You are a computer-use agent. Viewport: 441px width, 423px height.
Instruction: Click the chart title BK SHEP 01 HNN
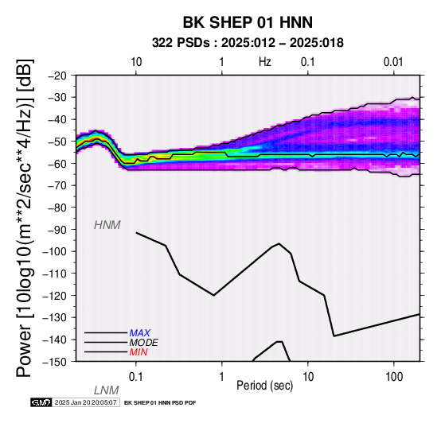point(248,22)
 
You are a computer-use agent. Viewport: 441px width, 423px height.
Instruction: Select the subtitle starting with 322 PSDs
point(248,43)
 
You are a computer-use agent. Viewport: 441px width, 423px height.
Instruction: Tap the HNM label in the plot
point(107,225)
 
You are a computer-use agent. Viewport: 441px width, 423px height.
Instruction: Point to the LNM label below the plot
point(107,390)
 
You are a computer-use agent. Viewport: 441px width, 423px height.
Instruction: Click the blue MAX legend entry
point(140,333)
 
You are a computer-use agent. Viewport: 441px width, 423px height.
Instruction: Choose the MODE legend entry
point(144,343)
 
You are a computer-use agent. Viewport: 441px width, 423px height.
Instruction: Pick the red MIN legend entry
point(139,352)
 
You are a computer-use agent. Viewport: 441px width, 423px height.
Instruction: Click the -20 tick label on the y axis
point(57,76)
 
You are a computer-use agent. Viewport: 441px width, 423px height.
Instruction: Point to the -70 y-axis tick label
point(57,185)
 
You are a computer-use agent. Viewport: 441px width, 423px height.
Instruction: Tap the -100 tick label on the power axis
point(55,251)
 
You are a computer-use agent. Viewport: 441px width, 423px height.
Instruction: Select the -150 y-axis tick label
point(55,362)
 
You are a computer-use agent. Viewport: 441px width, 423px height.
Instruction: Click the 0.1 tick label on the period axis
point(136,377)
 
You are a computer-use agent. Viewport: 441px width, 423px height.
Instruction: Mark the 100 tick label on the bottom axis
point(394,377)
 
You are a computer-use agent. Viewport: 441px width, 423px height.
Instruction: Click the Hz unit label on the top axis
point(265,62)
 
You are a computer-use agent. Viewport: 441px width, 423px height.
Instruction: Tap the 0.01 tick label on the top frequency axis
point(393,62)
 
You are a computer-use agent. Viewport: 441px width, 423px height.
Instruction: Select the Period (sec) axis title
point(265,386)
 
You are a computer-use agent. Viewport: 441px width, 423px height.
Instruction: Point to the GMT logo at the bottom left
point(41,402)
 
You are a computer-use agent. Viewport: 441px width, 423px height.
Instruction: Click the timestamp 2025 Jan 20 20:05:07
point(86,402)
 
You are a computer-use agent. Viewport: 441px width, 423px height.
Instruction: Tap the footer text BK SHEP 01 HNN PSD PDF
point(160,403)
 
